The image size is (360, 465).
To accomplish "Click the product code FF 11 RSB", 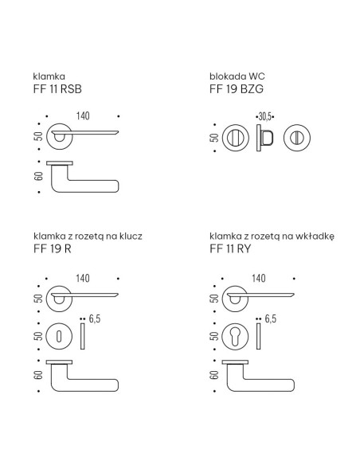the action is click(x=57, y=89).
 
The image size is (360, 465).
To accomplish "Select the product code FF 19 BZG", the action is click(x=237, y=89).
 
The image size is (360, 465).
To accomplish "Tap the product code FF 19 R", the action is click(x=53, y=248).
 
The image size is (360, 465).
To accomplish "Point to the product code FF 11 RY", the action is click(x=230, y=248).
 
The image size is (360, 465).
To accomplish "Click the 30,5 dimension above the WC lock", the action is click(x=264, y=117).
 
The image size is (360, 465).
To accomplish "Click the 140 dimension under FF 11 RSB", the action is click(x=83, y=116).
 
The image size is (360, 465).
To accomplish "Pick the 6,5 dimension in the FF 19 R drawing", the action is click(x=95, y=318).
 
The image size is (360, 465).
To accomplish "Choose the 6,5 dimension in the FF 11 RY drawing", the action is click(x=271, y=318).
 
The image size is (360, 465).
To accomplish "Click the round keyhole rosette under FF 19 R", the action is click(x=59, y=337).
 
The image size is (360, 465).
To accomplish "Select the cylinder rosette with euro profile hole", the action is click(x=235, y=337).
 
